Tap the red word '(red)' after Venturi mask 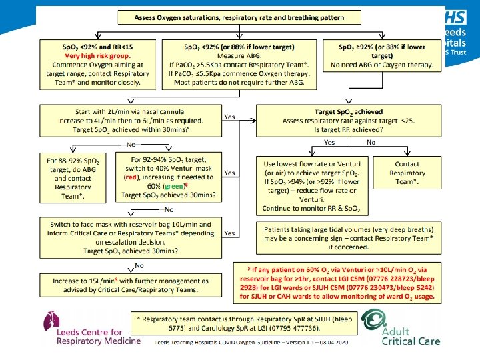(132, 178)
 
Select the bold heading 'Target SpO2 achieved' (349, 113)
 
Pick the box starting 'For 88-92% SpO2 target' (76, 178)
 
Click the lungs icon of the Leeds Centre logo (51, 322)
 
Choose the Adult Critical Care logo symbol (373, 325)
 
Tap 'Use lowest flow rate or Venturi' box (311, 187)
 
